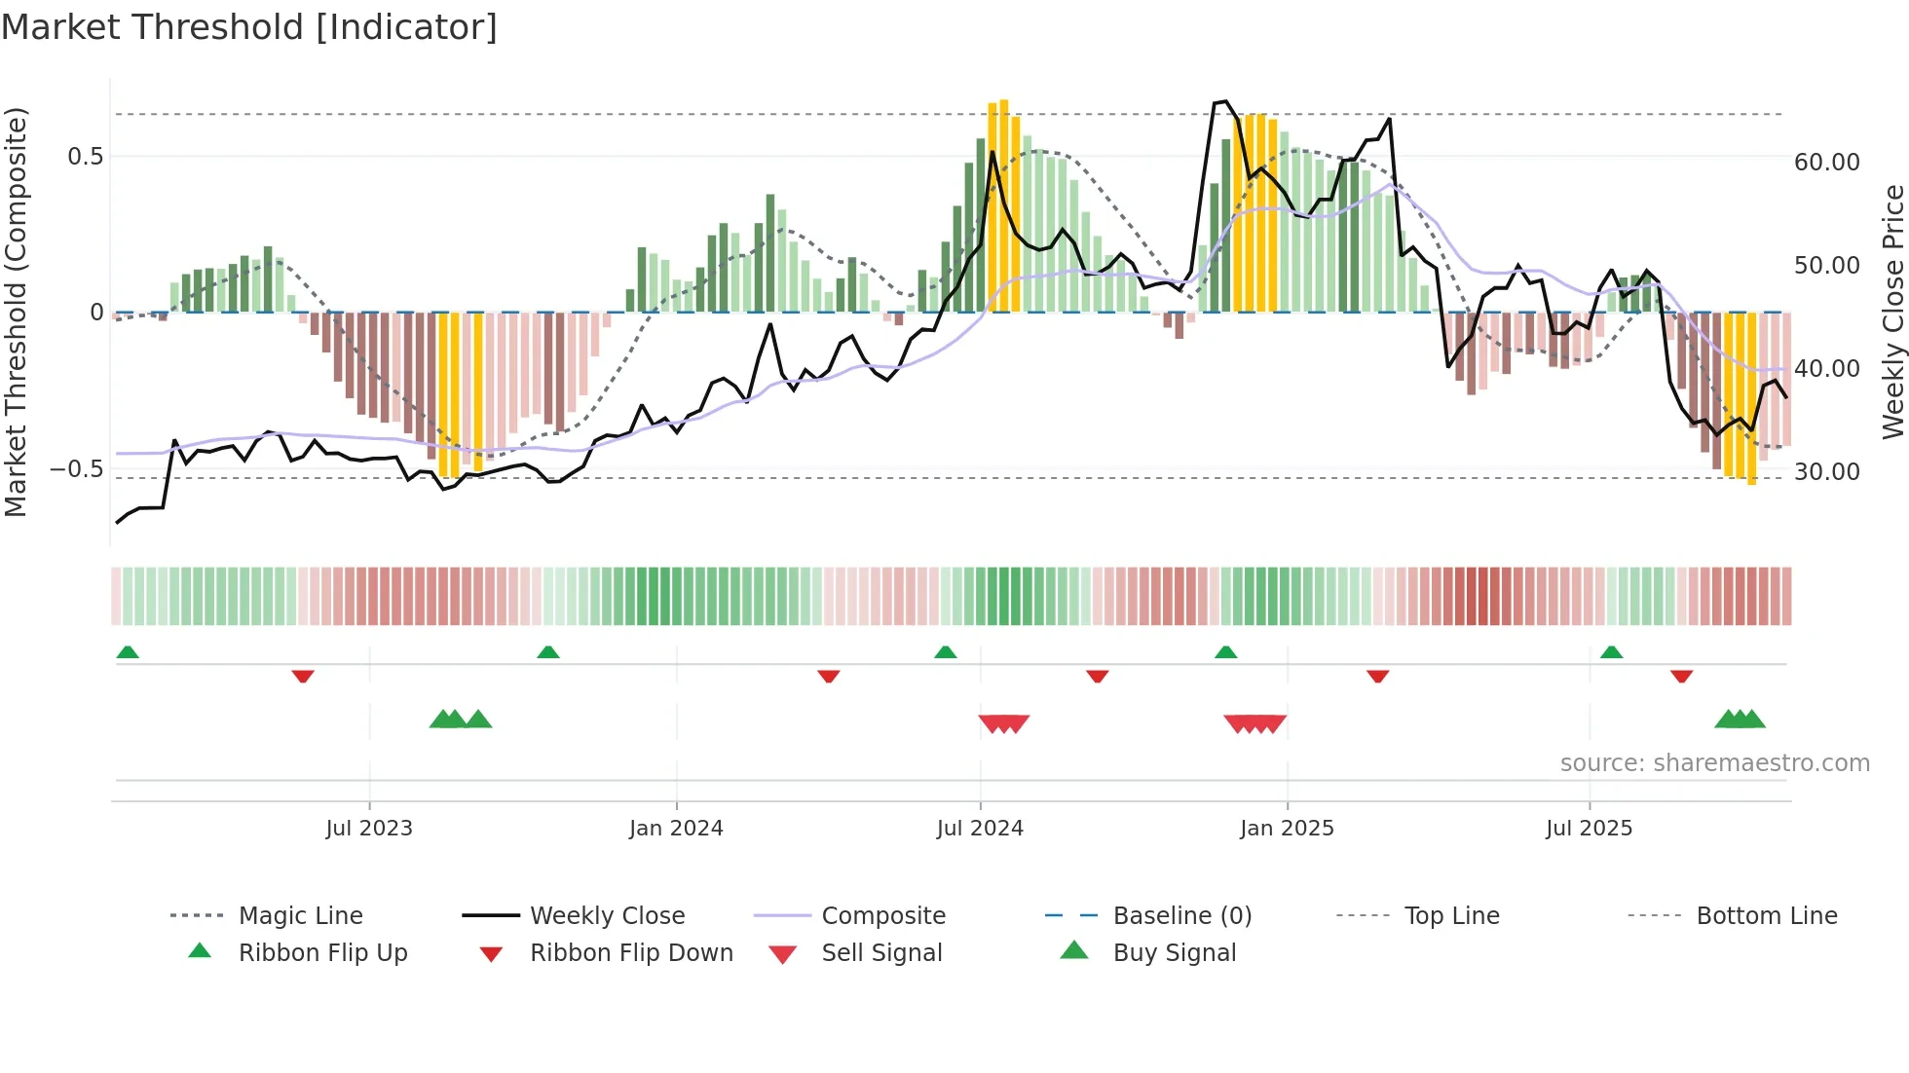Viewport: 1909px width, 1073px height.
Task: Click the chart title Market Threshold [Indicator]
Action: (x=249, y=27)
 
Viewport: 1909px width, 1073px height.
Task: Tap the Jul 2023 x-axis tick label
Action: (x=369, y=829)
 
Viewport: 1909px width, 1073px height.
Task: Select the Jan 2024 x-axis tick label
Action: (x=676, y=829)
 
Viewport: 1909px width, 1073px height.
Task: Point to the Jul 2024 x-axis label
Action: (x=980, y=829)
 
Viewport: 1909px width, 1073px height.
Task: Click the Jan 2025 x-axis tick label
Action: (x=1287, y=829)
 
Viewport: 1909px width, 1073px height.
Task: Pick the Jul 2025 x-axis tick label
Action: (x=1589, y=829)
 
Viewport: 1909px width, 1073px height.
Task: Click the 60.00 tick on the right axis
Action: (x=1826, y=163)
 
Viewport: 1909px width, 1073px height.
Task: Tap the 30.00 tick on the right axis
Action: (x=1826, y=472)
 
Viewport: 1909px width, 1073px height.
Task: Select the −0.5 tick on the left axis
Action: (x=76, y=469)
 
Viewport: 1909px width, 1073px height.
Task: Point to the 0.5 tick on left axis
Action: (x=85, y=157)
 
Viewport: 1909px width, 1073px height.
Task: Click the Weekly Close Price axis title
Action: (x=1892, y=312)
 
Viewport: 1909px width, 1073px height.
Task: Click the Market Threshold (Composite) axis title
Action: (x=16, y=312)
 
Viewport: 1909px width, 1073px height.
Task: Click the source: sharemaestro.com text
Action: (x=1714, y=763)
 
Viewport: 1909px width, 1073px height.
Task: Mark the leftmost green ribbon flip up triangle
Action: (x=128, y=652)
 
